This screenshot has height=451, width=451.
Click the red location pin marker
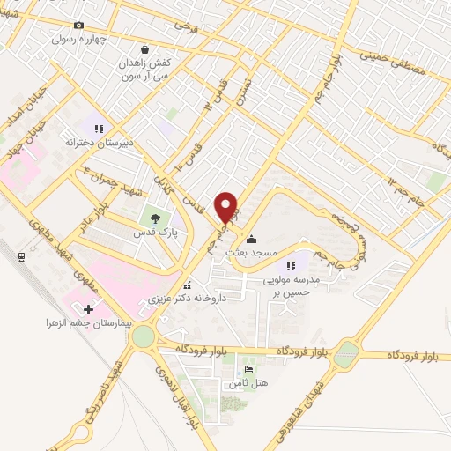(x=227, y=207)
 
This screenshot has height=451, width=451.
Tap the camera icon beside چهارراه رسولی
(x=79, y=26)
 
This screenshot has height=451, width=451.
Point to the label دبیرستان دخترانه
(x=98, y=141)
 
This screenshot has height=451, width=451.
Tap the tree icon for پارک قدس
(x=156, y=218)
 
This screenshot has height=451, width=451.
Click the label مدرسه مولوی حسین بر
(x=292, y=285)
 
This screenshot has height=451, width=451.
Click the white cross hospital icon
(x=87, y=309)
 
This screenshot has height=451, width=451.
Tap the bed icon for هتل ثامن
(x=248, y=370)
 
